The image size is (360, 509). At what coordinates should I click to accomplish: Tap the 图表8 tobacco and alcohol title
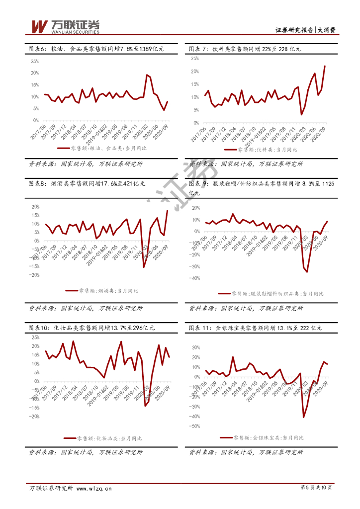tap(88, 184)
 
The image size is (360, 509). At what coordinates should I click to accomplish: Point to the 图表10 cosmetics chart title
tap(92, 328)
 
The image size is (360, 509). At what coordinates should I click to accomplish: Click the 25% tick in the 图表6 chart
tap(35, 61)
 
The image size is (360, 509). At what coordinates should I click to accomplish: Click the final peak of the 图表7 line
tap(325, 66)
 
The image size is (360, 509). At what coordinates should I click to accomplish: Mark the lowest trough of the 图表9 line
tap(307, 272)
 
